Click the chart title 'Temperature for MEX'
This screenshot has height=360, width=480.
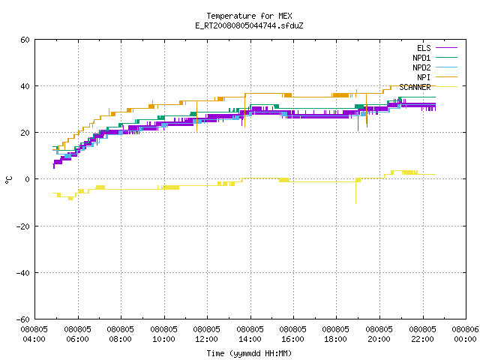coord(249,16)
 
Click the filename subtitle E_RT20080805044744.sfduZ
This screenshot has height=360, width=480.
coord(249,25)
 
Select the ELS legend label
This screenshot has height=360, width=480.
coord(424,48)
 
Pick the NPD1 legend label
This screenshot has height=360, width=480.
coord(421,58)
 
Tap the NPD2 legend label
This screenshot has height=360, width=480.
coord(421,67)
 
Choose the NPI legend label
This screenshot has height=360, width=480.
coord(424,77)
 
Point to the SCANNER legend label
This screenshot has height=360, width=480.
coord(415,87)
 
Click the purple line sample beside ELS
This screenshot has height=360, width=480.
coord(446,48)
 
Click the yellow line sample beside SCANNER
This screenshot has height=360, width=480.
coord(446,87)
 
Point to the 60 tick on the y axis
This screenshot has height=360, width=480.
coord(25,40)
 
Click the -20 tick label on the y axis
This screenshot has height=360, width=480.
coord(23,226)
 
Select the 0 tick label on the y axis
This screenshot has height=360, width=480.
coord(28,179)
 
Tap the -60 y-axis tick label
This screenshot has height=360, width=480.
coord(23,319)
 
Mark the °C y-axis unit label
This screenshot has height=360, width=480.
coord(8,180)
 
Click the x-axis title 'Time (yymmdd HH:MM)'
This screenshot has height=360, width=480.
coord(249,353)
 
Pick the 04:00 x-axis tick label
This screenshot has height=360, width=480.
coord(34,339)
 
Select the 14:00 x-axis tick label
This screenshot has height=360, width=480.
coord(250,339)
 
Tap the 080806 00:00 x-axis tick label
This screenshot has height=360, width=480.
coord(465,334)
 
